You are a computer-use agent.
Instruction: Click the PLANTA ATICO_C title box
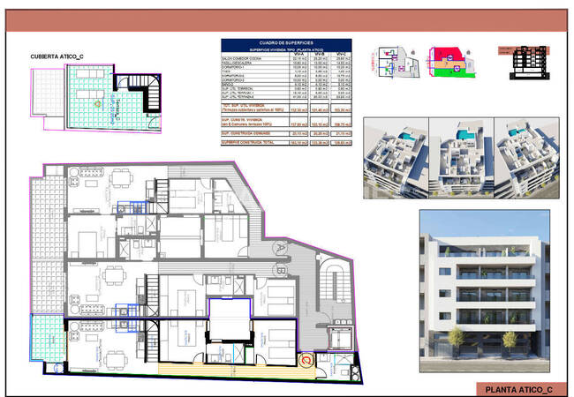520,388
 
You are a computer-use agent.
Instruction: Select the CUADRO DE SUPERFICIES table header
286,43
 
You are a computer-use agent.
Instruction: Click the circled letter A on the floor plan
277,247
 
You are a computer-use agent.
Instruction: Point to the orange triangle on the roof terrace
95,103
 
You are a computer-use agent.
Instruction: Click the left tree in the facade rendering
456,338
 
